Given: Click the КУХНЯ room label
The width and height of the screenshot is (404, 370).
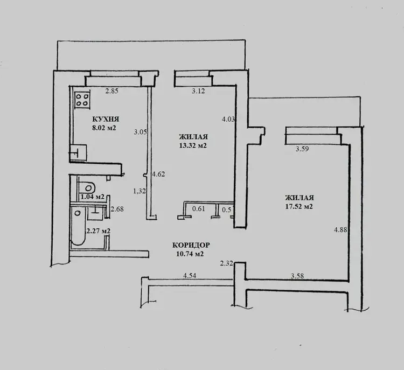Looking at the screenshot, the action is tap(106, 120).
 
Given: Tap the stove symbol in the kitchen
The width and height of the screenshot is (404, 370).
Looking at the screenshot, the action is tap(82, 100).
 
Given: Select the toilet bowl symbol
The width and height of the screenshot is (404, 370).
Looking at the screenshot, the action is tap(87, 186).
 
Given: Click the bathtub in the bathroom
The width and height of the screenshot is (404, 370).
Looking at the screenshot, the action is tap(78, 227).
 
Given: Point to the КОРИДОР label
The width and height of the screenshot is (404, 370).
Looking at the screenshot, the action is tap(191, 245).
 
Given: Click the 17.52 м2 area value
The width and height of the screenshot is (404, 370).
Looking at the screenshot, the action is tap(299, 207).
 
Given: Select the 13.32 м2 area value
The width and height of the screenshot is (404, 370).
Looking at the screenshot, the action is tap(193, 145).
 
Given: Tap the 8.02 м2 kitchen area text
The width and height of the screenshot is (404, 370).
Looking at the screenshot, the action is tap(104, 128).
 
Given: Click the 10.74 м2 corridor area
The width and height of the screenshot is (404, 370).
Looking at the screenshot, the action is tap(190, 254).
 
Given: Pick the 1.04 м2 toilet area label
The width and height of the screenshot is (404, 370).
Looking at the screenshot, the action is tap(93, 197).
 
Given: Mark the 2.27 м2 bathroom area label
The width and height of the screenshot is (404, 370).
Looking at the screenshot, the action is tap(99, 231).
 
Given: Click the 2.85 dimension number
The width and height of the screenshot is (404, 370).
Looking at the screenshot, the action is tap(112, 90).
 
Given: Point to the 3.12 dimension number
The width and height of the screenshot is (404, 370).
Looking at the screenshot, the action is tap(198, 90).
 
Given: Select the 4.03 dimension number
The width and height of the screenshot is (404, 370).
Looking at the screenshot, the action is tap(228, 119).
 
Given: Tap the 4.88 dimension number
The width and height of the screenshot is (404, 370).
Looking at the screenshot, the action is tap(340, 229).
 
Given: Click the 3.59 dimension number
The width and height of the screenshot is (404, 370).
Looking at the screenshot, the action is tap(302, 149).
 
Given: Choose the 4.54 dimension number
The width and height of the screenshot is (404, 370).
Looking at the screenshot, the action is tap(190, 275).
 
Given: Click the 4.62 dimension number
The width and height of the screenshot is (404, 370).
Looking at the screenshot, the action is tap(158, 174).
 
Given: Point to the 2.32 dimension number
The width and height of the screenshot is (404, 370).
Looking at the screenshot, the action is tap(226, 263).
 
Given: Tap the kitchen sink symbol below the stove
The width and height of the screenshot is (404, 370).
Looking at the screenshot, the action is tap(78, 152).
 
